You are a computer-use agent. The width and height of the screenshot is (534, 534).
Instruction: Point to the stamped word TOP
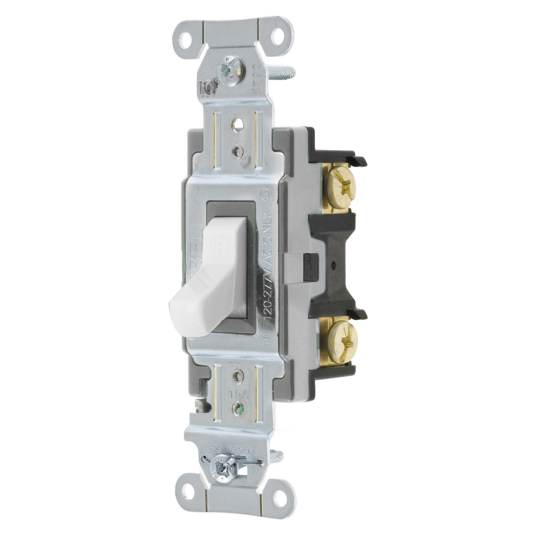click(208, 87)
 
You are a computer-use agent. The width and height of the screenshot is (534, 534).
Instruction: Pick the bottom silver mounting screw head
click(222, 468)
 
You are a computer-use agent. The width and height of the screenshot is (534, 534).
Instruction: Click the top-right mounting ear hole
click(277, 37)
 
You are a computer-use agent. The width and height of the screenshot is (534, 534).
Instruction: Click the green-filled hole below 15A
click(240, 407)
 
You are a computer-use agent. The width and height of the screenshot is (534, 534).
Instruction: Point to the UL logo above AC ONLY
click(268, 200)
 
